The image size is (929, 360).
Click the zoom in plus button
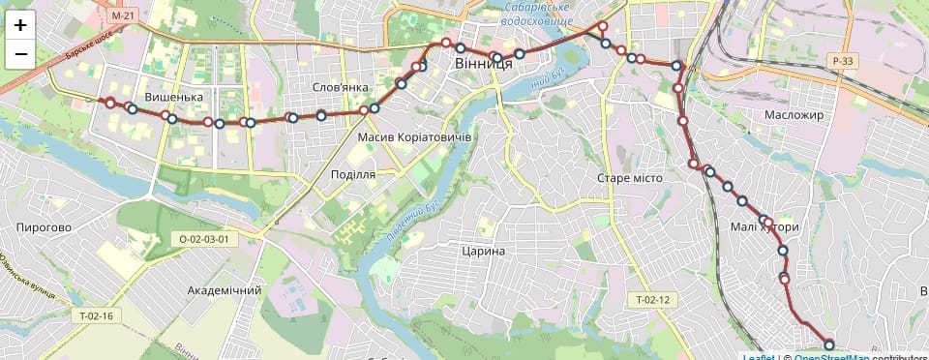pos(20,25)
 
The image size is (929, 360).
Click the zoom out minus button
pos(20,54)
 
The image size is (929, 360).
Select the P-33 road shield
pos(842,61)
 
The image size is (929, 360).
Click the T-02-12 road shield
pos(652,299)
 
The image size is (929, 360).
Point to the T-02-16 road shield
pos(96,315)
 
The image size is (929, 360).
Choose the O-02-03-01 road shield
pos(203,238)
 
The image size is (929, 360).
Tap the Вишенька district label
pos(173,98)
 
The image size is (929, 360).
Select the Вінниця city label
pos(483,63)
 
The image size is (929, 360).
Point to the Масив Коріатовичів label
pos(414,137)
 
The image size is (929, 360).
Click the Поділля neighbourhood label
pos(353,174)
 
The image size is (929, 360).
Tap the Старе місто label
pos(628,179)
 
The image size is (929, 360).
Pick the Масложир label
pos(793,115)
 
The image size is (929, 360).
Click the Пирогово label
pos(44,227)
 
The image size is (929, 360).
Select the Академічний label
pos(225,290)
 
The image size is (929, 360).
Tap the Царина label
pos(484,252)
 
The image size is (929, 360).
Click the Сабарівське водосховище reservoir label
pos(539,14)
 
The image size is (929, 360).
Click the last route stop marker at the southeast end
pos(829,345)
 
